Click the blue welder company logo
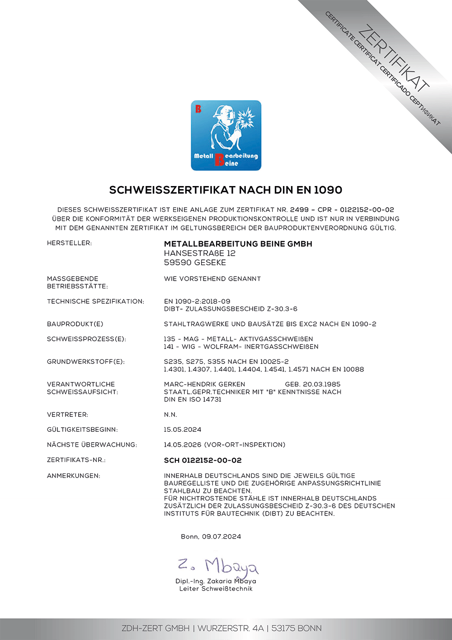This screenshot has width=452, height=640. tap(226, 135)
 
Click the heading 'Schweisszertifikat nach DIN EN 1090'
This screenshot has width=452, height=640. tap(226, 190)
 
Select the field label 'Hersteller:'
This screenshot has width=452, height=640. tap(69, 243)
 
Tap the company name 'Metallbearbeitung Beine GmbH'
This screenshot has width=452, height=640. tap(238, 244)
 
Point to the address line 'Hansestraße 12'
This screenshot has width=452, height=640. tap(199, 253)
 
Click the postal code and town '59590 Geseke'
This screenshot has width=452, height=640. tap(195, 263)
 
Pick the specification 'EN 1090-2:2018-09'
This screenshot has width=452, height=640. tap(197, 301)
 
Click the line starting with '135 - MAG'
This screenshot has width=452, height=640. tap(238, 339)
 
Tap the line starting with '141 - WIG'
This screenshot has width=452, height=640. tap(241, 347)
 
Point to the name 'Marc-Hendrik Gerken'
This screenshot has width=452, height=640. tap(204, 384)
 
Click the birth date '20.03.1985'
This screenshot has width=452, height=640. tap(321, 384)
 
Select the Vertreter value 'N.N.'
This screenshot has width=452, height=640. tap(170, 415)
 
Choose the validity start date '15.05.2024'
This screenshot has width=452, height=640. tap(182, 430)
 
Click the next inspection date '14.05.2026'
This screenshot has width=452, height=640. tap(182, 445)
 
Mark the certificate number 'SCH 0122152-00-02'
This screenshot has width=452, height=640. tap(202, 460)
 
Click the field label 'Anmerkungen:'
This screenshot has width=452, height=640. tap(74, 476)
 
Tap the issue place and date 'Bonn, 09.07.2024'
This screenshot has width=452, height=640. tap(211, 537)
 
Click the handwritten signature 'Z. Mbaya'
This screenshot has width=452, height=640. tap(218, 566)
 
